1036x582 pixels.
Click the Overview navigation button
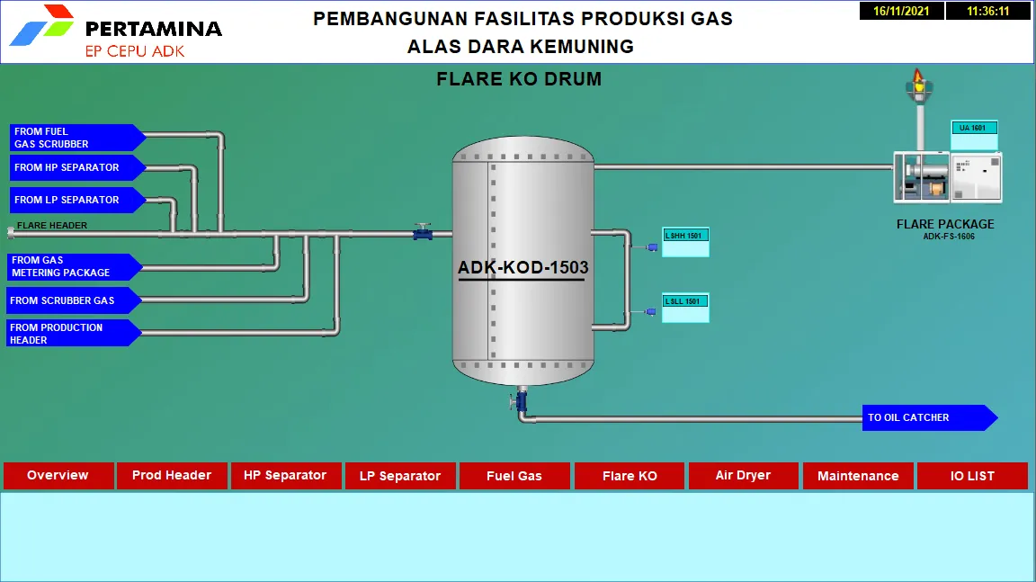point(58,476)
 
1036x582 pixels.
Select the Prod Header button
point(172,476)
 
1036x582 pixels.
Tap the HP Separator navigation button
point(285,476)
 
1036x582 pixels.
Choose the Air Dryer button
point(744,476)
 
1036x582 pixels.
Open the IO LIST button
point(972,476)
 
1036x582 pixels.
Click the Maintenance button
point(858,476)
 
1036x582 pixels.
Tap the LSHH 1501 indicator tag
point(685,242)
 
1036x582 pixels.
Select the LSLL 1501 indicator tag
point(685,308)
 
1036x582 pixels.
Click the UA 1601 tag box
point(974,135)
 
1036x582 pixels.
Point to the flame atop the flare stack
point(917,77)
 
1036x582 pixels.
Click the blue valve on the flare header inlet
point(423,232)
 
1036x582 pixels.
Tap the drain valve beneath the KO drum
point(520,400)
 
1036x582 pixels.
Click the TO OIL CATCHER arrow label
point(930,417)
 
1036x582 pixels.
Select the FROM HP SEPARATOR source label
point(77,168)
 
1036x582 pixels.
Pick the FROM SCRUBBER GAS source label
point(74,300)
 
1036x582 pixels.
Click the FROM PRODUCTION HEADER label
point(74,334)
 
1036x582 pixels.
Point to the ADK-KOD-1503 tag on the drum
point(522,267)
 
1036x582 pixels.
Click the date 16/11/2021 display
point(901,11)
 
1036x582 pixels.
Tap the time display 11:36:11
point(987,11)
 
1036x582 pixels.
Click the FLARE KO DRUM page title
point(519,79)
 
